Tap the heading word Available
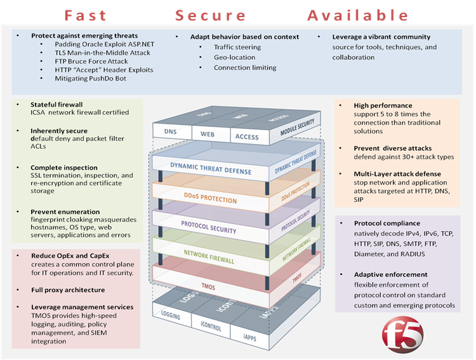(357, 15)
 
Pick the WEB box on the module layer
(208, 135)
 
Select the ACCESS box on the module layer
(246, 137)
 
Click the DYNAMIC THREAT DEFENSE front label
(210, 171)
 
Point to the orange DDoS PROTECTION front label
(211, 199)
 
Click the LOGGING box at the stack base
(172, 316)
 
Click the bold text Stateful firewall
(56, 104)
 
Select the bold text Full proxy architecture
(68, 289)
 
